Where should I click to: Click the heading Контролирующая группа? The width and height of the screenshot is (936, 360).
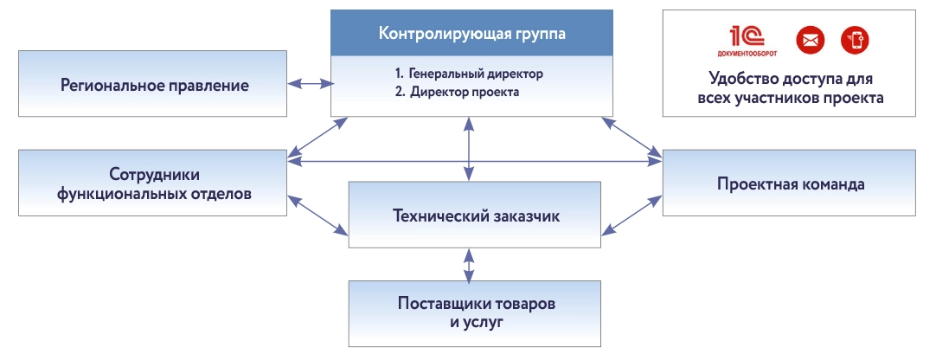click(x=471, y=35)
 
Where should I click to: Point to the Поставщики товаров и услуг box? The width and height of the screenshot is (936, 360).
click(x=475, y=312)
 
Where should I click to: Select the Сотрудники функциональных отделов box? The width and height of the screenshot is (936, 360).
click(x=154, y=183)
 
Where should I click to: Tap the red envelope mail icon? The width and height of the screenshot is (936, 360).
click(x=811, y=39)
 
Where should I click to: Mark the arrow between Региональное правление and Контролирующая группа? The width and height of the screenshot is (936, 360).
click(x=310, y=84)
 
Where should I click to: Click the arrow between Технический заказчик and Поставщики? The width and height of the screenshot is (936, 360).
click(x=469, y=265)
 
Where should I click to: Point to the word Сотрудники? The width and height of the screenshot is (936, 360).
click(x=154, y=172)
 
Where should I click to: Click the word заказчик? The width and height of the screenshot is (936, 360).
click(x=522, y=215)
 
